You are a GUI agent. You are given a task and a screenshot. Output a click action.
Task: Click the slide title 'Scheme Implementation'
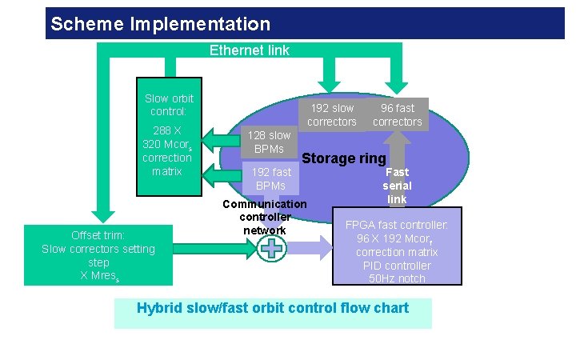pyautogui.click(x=160, y=24)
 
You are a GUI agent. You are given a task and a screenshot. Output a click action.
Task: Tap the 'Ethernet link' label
pyautogui.click(x=249, y=50)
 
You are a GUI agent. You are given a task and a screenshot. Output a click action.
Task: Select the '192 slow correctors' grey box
pyautogui.click(x=332, y=114)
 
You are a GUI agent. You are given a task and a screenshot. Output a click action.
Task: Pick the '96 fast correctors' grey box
pyautogui.click(x=397, y=114)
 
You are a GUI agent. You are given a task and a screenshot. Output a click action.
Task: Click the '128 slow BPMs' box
pyautogui.click(x=269, y=142)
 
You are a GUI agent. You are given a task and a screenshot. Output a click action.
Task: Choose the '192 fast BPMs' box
pyautogui.click(x=271, y=178)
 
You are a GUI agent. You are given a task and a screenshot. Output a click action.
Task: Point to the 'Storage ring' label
pyautogui.click(x=343, y=158)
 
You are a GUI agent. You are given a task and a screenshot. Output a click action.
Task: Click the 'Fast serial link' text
pyautogui.click(x=397, y=186)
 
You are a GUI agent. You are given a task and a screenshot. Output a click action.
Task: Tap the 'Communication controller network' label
pyautogui.click(x=264, y=217)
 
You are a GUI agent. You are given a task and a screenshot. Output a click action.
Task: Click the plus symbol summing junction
pyautogui.click(x=273, y=248)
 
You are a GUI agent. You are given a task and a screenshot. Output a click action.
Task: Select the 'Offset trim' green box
pyautogui.click(x=98, y=254)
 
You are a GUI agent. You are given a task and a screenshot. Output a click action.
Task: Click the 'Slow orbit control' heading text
pyautogui.click(x=169, y=105)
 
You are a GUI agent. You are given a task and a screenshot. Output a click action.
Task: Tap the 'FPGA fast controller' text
pyautogui.click(x=397, y=225)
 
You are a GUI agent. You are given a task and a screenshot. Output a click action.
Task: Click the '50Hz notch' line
pyautogui.click(x=397, y=278)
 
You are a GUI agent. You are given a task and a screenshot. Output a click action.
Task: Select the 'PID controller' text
pyautogui.click(x=397, y=266)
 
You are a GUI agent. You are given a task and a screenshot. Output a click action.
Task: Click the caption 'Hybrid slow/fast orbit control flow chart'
pyautogui.click(x=273, y=308)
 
